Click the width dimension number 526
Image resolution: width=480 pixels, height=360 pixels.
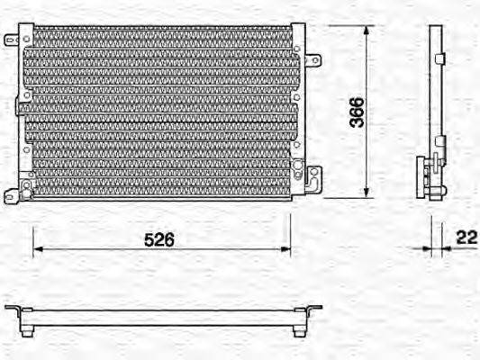[x=158, y=239]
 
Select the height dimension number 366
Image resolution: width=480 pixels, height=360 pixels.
[x=357, y=112]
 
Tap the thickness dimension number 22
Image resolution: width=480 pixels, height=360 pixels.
[x=466, y=238]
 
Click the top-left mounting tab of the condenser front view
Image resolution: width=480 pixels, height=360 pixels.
[x=12, y=40]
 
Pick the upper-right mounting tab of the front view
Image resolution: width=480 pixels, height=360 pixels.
[x=312, y=61]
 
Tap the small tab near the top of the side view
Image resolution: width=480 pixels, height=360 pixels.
[x=440, y=59]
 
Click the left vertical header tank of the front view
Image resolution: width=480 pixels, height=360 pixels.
[x=28, y=112]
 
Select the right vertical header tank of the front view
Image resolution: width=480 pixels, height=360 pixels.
[x=297, y=112]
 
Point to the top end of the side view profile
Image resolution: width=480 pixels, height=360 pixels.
[x=436, y=28]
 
